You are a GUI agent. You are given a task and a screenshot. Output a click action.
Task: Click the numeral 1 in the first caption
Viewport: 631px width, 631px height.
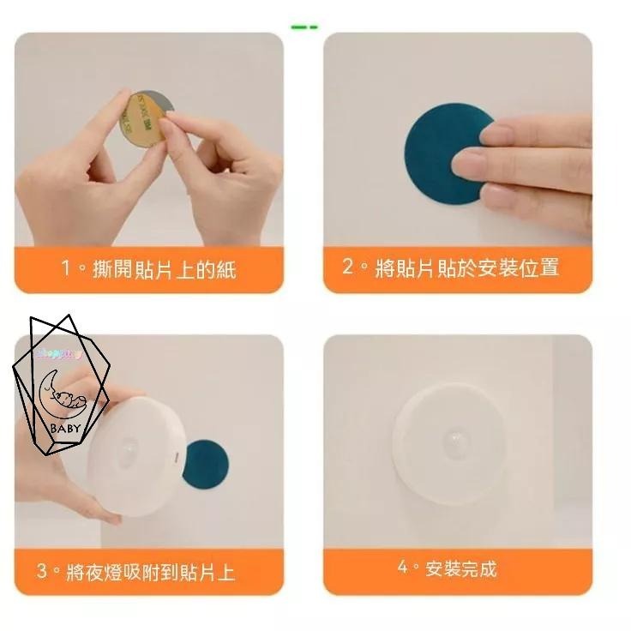[x=66, y=268]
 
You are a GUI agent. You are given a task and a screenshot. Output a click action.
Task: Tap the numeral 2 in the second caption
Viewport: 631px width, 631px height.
[x=348, y=267]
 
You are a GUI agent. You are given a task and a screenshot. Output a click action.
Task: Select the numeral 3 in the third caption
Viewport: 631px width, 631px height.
[x=42, y=570]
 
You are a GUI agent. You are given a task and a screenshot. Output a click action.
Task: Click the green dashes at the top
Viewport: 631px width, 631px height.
[x=303, y=27]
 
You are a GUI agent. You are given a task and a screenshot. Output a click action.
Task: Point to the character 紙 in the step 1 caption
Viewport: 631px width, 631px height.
[x=225, y=269]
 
